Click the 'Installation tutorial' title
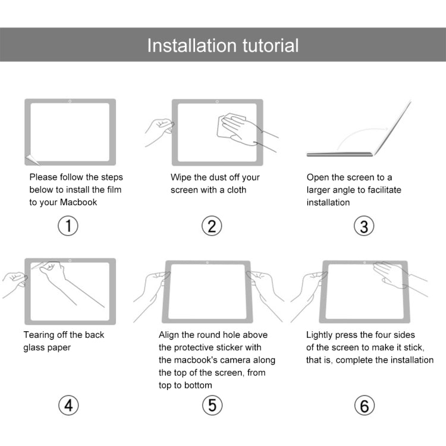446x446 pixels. (222, 45)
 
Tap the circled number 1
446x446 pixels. (68, 226)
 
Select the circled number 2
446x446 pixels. (212, 226)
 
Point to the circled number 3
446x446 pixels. (364, 226)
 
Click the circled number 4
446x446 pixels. (68, 406)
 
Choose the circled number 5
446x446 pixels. (212, 406)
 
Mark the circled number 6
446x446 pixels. (364, 406)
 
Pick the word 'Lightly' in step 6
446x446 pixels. (321, 335)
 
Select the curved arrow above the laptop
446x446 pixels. (360, 134)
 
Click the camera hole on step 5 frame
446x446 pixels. (206, 263)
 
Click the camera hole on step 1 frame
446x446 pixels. (70, 101)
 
